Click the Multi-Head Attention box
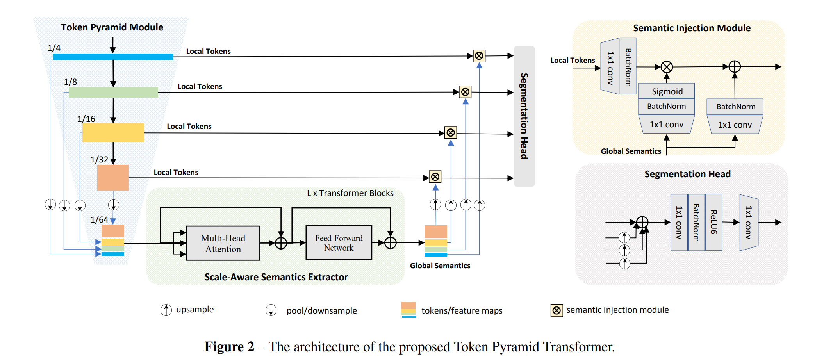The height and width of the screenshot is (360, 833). [x=223, y=243]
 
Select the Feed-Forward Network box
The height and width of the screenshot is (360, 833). [x=339, y=242]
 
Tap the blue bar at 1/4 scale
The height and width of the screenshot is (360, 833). [x=113, y=57]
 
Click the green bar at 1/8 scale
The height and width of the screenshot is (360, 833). [x=113, y=92]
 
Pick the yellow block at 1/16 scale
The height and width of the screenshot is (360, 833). [x=113, y=132]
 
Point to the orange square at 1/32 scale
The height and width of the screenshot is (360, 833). [x=113, y=177]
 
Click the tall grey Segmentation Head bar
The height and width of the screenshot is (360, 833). [x=524, y=116]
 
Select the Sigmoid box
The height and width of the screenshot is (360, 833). [x=667, y=91]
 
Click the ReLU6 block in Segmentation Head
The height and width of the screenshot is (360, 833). [x=713, y=222]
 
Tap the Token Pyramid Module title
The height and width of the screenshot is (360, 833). [x=112, y=27]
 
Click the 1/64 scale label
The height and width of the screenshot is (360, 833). [x=99, y=219]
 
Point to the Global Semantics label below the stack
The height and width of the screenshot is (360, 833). [x=440, y=266]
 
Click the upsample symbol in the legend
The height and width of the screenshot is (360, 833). [x=166, y=310]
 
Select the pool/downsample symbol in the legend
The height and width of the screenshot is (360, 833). [x=271, y=310]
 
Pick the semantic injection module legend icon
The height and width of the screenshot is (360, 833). [x=557, y=310]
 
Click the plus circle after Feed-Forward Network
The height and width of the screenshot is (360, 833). [x=391, y=243]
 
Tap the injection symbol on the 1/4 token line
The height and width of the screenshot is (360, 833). [x=479, y=56]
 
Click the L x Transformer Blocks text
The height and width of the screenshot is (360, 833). [x=350, y=193]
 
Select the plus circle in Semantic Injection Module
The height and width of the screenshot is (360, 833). [x=735, y=66]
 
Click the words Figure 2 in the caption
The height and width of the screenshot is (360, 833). [x=229, y=347]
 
